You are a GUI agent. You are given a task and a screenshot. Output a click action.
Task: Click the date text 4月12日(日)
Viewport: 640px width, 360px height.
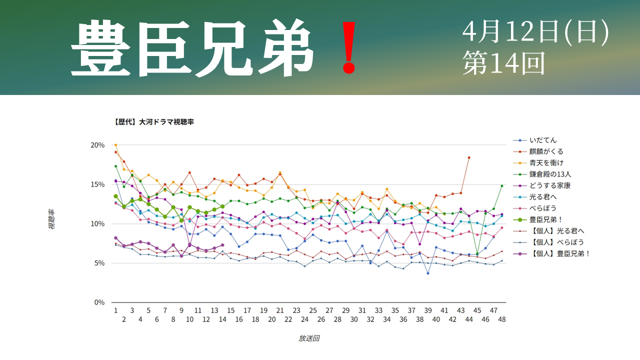click(x=535, y=32)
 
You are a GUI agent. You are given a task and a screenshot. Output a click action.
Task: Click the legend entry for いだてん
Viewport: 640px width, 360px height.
click(x=544, y=140)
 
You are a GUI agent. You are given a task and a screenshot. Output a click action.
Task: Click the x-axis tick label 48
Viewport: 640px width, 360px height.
click(x=502, y=319)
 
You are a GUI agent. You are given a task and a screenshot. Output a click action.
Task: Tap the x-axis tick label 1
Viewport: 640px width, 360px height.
click(x=115, y=310)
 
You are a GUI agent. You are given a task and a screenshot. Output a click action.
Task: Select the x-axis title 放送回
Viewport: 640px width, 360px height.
click(x=309, y=338)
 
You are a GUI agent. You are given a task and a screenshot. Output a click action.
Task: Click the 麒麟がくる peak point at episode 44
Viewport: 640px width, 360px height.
click(x=469, y=157)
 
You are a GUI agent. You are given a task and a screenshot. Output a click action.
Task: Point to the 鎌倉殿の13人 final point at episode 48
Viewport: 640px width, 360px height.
click(x=502, y=186)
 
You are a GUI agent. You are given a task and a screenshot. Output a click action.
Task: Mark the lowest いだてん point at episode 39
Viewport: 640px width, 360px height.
click(x=428, y=273)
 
